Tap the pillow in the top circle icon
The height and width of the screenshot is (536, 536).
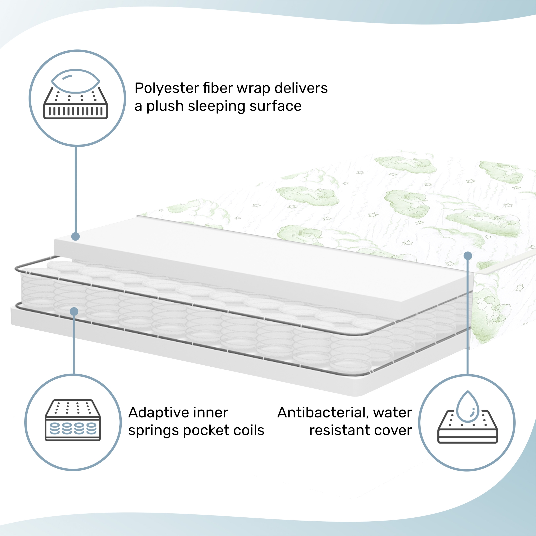pyautogui.click(x=75, y=81)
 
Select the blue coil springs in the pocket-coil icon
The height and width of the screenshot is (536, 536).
pyautogui.click(x=73, y=428)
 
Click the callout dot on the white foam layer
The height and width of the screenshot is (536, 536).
pyautogui.click(x=75, y=236)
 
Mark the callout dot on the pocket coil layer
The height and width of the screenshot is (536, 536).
pyautogui.click(x=74, y=312)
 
